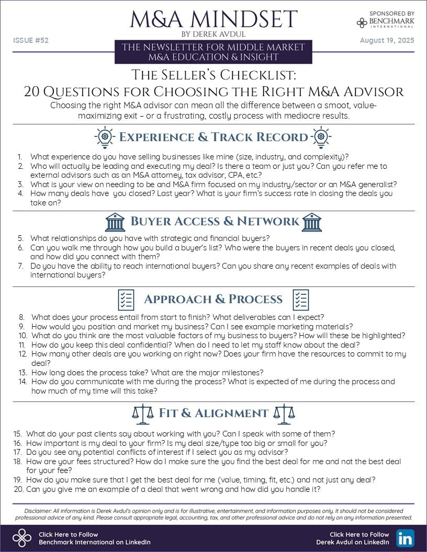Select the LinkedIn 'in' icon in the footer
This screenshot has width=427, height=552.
404,538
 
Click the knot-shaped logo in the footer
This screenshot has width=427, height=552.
22,538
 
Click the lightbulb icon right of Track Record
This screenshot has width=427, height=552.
321,137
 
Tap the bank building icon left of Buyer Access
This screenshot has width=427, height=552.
115,222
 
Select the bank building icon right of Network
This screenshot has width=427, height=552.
312,222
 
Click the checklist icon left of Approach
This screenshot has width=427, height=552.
126,300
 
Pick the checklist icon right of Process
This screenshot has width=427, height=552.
300,300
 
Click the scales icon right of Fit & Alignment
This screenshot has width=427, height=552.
285,413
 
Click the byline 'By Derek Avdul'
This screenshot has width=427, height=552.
213,34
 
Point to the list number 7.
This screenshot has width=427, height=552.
20,266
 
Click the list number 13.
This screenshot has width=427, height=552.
22,373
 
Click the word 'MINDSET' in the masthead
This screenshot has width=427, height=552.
253,19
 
